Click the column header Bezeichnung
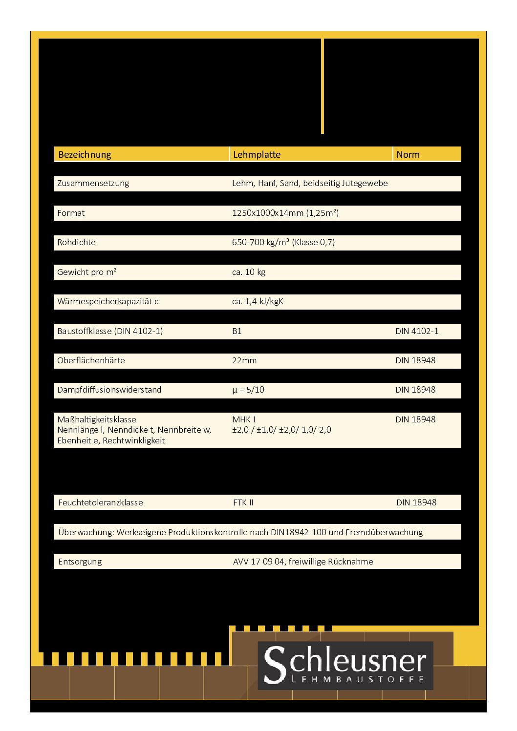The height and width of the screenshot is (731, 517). (x=85, y=155)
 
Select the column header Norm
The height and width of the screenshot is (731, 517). (x=408, y=155)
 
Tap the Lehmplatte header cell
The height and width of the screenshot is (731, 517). (x=257, y=155)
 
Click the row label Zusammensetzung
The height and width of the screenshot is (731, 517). (x=93, y=184)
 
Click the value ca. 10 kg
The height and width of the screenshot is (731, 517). (x=249, y=272)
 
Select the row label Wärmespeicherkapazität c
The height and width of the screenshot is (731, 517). (x=108, y=301)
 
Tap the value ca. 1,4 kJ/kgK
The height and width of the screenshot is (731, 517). (x=258, y=301)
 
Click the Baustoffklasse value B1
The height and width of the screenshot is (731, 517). (x=237, y=331)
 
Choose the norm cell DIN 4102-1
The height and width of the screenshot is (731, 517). (x=417, y=331)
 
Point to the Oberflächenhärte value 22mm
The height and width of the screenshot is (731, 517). (x=244, y=360)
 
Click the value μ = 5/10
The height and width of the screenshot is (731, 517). (x=248, y=390)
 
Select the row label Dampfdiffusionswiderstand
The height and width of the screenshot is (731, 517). (x=109, y=390)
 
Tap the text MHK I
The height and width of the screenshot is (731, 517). (x=243, y=419)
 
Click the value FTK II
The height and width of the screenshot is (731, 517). (x=243, y=502)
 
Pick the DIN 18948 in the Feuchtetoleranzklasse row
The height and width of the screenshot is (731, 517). (x=416, y=502)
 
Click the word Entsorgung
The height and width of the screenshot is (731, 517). (x=80, y=562)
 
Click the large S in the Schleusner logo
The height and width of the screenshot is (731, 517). (x=275, y=664)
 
